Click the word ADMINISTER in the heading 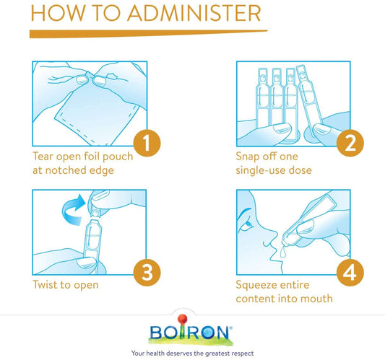[194, 13]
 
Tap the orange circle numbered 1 [147, 143]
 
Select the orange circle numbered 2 [350, 143]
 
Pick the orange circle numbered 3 [147, 272]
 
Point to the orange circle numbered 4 [350, 272]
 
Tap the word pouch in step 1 [118, 157]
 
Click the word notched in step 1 [66, 170]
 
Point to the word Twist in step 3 [45, 285]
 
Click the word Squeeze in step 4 [256, 286]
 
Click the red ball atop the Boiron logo [182, 320]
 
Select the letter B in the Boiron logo [157, 333]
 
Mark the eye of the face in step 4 [248, 224]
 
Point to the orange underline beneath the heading [148, 34]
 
